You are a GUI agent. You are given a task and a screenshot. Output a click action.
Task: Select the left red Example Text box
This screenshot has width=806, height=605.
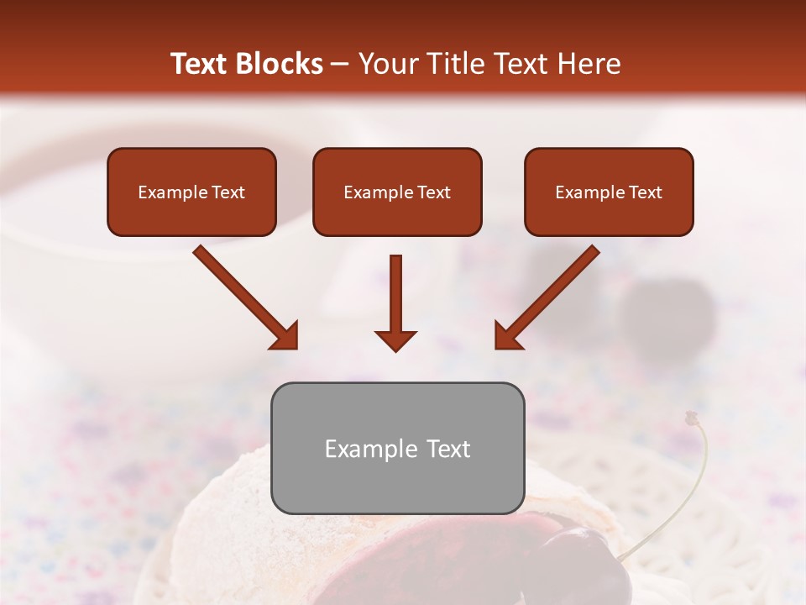191,192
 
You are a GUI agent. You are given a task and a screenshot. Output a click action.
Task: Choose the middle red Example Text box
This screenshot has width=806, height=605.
397,192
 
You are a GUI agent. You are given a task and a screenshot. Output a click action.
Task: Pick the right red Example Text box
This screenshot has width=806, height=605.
609,192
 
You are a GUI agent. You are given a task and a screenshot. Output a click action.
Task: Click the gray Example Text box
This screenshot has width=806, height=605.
397,448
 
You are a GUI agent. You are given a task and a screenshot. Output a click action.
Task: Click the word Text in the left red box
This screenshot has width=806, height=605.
228,192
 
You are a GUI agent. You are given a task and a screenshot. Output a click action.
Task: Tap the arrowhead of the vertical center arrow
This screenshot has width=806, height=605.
395,340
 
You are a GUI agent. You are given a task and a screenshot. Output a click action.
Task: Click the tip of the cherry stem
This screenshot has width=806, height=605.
691,416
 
